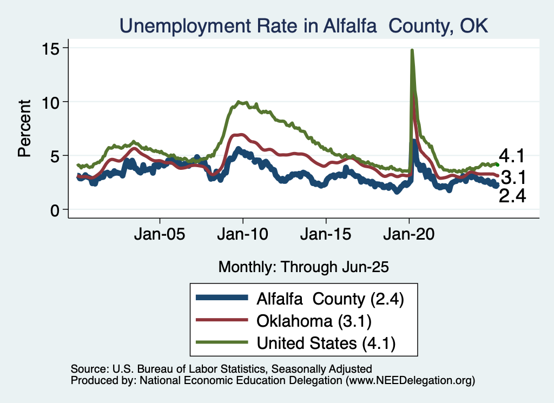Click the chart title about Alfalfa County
click(x=304, y=25)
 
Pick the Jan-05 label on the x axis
click(x=160, y=236)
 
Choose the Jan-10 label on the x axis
click(x=243, y=236)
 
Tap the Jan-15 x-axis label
click(x=326, y=236)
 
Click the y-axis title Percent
click(x=24, y=128)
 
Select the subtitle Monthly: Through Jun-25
click(x=304, y=266)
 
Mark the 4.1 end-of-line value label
click(x=512, y=157)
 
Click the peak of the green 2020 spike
click(x=412, y=50)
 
